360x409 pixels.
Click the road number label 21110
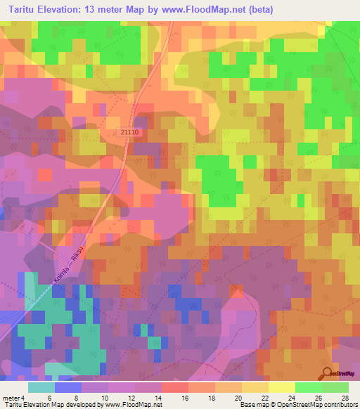click(129, 132)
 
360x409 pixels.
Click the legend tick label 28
click(344, 398)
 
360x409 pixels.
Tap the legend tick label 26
click(319, 398)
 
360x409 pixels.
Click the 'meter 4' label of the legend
click(15, 398)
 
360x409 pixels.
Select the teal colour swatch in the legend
click(41, 387)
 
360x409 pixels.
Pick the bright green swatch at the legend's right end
click(335, 387)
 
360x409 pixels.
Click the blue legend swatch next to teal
click(67, 387)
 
